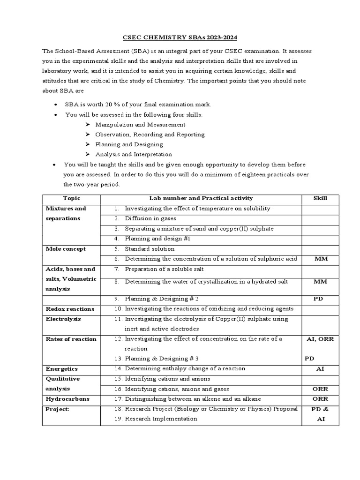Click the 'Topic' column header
coord(71,198)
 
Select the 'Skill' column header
coord(320,198)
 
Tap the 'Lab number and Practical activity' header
coord(201,198)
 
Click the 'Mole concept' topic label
coord(65,249)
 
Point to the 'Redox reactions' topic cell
coord(69,309)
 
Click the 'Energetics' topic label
coord(61,369)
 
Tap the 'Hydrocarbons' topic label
coord(67,399)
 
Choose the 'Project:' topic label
coord(57,409)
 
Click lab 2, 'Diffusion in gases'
coord(151,218)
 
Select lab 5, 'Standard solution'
coord(150,249)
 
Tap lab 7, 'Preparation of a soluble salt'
coord(164,269)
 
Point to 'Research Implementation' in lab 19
coord(161,419)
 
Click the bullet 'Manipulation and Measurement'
coord(140,125)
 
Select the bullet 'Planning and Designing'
coord(129,144)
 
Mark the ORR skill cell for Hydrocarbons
coord(320,399)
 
